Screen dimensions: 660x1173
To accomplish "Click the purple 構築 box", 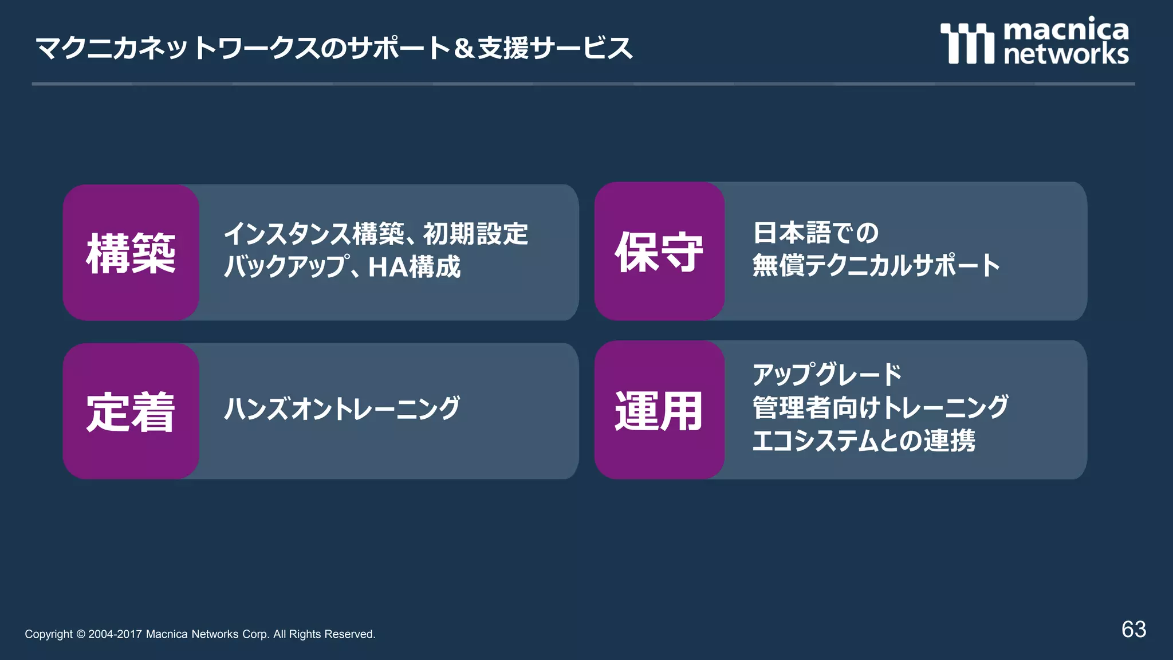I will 131,252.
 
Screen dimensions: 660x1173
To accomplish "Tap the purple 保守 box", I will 659,251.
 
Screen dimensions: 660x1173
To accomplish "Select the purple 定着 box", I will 131,411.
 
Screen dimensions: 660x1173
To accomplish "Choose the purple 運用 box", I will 659,410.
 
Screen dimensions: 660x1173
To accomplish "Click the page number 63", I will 1133,630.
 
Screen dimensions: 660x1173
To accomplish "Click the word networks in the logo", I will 1066,54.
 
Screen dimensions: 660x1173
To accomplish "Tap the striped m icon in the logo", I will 967,43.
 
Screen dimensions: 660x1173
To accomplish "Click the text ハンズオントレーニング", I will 341,408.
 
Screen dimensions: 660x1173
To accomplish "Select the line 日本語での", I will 816,233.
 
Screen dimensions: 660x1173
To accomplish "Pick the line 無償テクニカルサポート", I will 876,265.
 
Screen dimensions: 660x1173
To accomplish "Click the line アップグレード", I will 827,375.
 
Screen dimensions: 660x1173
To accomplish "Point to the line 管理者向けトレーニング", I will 880,407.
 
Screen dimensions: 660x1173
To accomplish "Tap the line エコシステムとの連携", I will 863,441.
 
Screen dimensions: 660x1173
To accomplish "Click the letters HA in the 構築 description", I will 387,267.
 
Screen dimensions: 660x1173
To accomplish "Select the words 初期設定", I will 475,234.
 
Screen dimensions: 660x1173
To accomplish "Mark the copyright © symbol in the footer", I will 81,634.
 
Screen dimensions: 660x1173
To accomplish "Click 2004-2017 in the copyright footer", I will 115,634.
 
